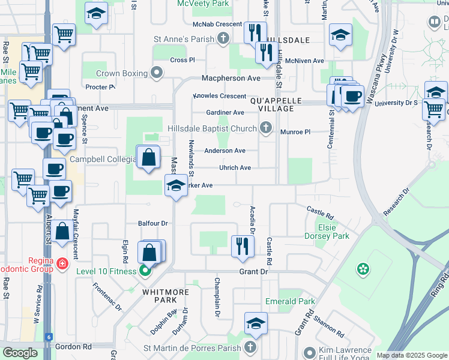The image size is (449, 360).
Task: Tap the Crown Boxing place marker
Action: (157, 73)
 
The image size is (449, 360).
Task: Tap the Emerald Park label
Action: (291, 301)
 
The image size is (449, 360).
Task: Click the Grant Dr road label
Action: (253, 272)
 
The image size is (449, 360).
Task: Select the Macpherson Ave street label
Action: (231, 79)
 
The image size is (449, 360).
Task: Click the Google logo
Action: (20, 353)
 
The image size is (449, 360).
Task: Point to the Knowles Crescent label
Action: (219, 96)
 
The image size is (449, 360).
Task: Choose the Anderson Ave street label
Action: (224, 151)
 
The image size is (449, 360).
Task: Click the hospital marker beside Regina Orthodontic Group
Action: (62, 263)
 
